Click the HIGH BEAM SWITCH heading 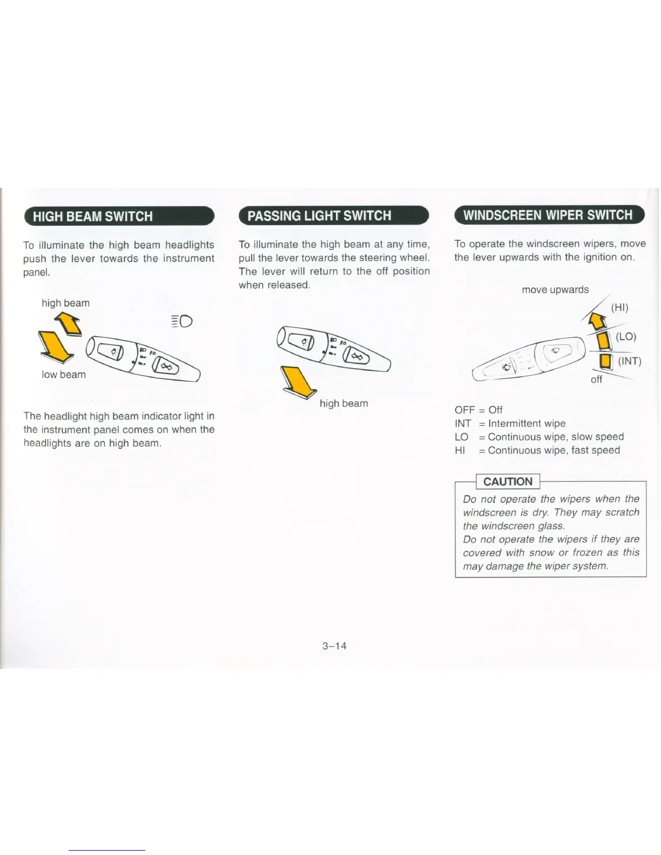[x=92, y=216]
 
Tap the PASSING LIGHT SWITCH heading [x=319, y=216]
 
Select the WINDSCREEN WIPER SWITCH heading [x=548, y=215]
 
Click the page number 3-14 [x=334, y=646]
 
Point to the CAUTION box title [x=508, y=481]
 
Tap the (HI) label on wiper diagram [x=619, y=308]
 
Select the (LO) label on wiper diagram [x=626, y=336]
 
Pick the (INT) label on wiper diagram [x=629, y=361]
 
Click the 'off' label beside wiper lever [x=596, y=379]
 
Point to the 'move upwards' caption [x=555, y=290]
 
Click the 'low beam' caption [x=64, y=375]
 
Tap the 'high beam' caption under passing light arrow [x=343, y=403]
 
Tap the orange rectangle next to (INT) [x=606, y=361]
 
